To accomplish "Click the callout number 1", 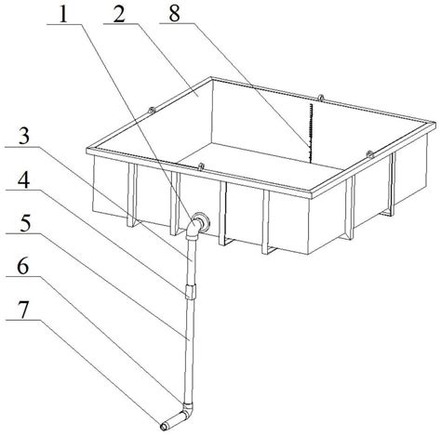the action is [x=63, y=15].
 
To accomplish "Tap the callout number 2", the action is [x=119, y=15].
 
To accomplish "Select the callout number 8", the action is [x=174, y=14].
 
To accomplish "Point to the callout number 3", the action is [x=24, y=137].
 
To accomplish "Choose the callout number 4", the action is [x=23, y=180].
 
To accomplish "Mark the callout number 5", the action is [x=25, y=224].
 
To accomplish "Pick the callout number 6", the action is [x=23, y=267].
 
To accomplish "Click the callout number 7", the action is [x=24, y=310].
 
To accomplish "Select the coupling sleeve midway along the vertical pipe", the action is [x=190, y=291].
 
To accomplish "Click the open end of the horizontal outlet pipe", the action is [x=164, y=427].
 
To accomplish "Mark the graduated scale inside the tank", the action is [x=310, y=133].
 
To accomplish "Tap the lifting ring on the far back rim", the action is [x=321, y=98].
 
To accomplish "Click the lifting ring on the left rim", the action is [x=152, y=110].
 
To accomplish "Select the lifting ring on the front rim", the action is [x=201, y=166].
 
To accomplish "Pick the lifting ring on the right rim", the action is [x=370, y=154].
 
